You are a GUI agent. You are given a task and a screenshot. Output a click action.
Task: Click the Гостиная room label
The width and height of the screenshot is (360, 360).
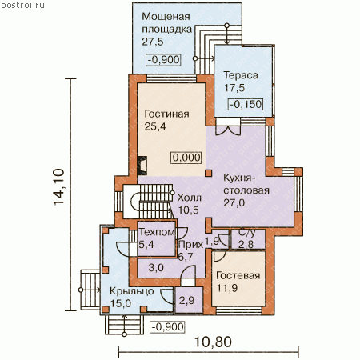[166, 114]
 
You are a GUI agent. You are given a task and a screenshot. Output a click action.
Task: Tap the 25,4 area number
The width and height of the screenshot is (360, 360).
[155, 126]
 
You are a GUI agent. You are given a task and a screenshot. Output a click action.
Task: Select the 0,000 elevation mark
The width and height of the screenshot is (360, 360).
[186, 158]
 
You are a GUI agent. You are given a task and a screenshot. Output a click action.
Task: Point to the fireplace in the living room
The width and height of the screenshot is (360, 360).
[142, 166]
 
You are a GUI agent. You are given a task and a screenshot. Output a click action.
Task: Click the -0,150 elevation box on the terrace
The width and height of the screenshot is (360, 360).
[246, 104]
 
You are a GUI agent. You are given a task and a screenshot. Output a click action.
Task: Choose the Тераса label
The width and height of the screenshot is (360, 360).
[241, 75]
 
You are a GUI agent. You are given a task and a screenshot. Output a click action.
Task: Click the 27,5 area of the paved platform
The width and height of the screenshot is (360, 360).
[153, 42]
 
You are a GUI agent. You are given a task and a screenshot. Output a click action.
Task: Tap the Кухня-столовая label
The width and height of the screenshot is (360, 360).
[246, 184]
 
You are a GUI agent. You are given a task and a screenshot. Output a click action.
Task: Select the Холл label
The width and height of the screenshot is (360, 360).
[190, 198]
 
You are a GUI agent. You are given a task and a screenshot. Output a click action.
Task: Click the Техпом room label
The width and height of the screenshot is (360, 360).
[157, 232]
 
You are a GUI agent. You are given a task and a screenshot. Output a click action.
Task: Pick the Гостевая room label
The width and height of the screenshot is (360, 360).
[238, 275]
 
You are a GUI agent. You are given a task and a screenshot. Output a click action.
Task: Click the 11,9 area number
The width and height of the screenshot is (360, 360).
[227, 288]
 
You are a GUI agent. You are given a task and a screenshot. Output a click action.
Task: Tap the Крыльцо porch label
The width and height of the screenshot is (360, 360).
[132, 291]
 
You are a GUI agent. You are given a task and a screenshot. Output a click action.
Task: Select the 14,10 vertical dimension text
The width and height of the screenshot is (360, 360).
[59, 186]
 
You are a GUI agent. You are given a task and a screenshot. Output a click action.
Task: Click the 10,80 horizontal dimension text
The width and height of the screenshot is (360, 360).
[213, 342]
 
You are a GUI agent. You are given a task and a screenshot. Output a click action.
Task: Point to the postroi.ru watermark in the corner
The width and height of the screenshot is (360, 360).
[22, 5]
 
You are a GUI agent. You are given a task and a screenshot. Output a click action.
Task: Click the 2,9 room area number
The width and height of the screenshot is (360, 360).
[186, 301]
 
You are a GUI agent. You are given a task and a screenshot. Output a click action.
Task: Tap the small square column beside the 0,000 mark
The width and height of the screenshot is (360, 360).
[208, 174]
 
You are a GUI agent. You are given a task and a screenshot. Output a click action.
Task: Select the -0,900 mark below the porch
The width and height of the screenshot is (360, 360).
[167, 326]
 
